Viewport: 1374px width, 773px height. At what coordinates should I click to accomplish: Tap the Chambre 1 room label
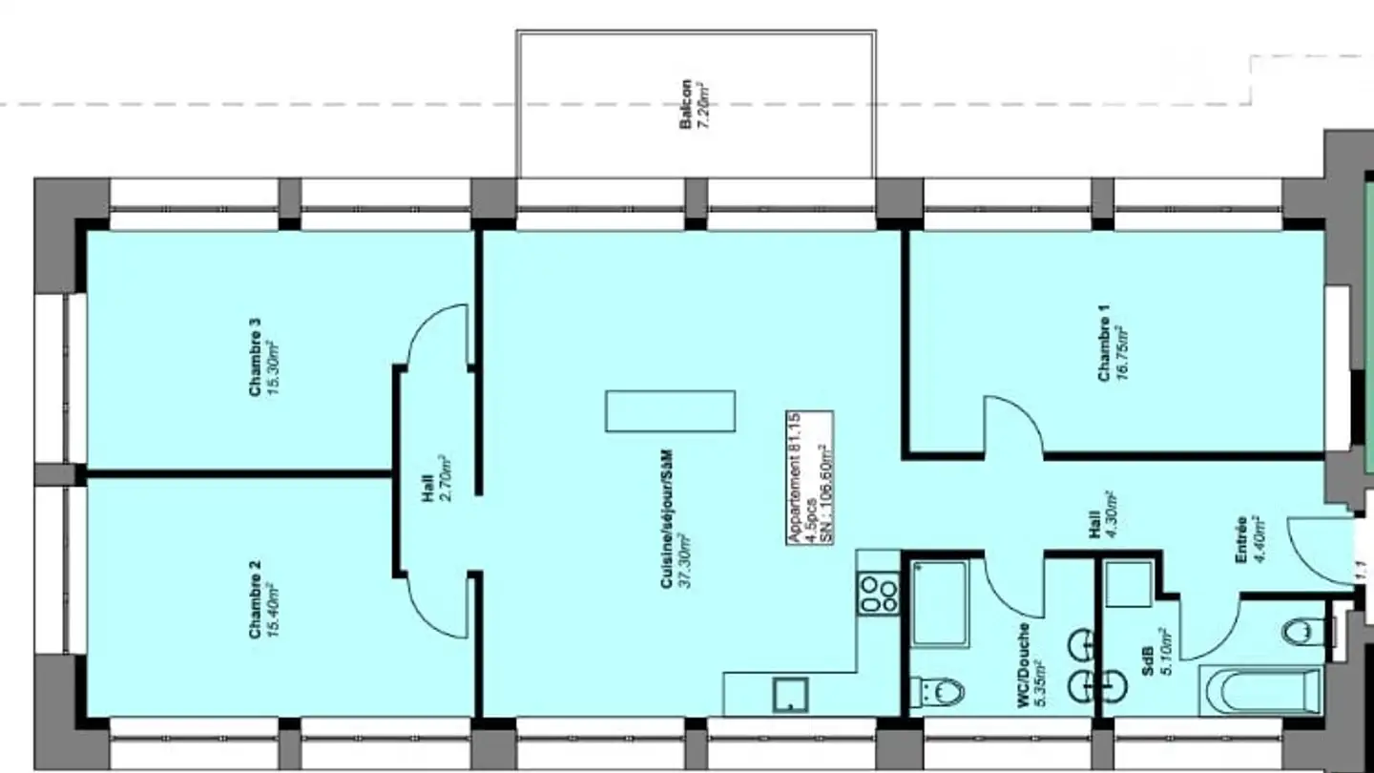click(x=1104, y=345)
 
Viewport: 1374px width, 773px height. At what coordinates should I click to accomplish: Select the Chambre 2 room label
click(x=255, y=599)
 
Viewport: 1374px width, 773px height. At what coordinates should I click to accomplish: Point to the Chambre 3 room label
click(x=255, y=357)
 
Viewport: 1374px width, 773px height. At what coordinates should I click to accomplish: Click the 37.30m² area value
click(x=683, y=561)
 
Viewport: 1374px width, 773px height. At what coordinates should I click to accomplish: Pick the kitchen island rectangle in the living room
click(x=670, y=411)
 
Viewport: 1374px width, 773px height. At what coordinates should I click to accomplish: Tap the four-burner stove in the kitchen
click(x=878, y=593)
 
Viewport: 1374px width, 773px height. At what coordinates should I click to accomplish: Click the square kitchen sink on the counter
click(x=790, y=695)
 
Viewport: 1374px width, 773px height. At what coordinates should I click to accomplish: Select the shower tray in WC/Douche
click(x=940, y=603)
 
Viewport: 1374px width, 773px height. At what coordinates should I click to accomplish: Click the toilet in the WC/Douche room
click(x=939, y=691)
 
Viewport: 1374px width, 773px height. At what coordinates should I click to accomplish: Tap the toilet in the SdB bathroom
click(x=1303, y=631)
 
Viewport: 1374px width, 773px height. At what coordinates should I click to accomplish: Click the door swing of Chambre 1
click(x=1013, y=426)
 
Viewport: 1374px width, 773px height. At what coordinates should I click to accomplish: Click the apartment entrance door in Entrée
click(x=1322, y=551)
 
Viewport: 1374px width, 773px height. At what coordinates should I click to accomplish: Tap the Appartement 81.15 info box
click(x=809, y=477)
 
